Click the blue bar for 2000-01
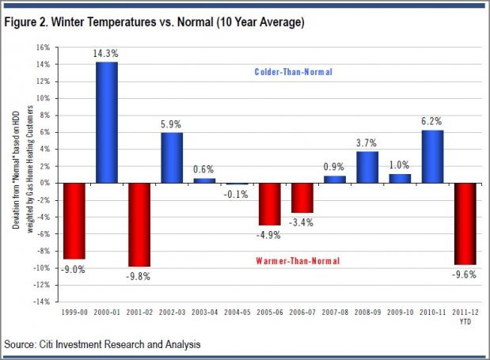click(106, 123)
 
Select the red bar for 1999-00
click(74, 221)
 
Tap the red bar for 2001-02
click(139, 225)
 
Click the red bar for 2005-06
click(269, 203)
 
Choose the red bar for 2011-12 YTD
click(465, 223)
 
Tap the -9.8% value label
click(139, 276)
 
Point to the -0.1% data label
click(237, 195)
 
